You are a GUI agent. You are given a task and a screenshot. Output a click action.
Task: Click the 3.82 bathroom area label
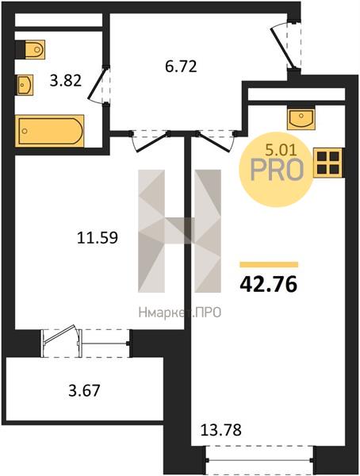pos(66,81)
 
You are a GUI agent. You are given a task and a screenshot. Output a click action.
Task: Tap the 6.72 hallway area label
pos(181,67)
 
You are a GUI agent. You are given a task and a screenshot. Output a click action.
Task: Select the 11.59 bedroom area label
pos(98,238)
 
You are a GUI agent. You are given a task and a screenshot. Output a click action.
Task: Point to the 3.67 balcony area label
pos(84,390)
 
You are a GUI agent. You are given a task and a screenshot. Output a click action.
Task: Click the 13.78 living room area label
pos(221,430)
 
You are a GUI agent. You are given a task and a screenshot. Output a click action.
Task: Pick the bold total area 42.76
pos(268,285)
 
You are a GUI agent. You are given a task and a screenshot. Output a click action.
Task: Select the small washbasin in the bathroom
pos(25,85)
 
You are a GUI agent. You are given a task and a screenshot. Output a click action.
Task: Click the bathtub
pos(50,131)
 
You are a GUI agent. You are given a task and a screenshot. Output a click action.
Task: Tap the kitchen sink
pos(301,119)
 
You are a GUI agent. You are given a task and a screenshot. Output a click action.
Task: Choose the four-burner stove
pos(328,163)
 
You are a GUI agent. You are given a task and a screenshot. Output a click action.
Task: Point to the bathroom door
pos(98,85)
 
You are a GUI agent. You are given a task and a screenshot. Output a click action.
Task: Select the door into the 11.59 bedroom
pos(150,140)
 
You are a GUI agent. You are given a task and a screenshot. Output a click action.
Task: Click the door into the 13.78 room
pos(215,141)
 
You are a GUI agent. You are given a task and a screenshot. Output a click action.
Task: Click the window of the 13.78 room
pos(260,460)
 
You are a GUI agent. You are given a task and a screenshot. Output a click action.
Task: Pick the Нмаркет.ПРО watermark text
pos(180,313)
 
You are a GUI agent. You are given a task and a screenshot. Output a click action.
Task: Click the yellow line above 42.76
pos(269,265)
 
